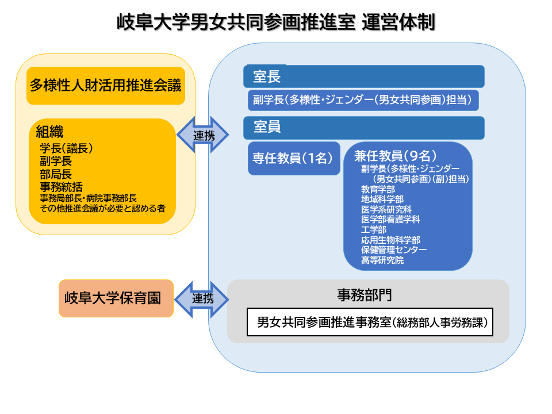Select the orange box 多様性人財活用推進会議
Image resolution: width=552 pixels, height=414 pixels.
pyautogui.click(x=106, y=86)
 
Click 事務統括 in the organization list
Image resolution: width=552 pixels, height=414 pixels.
pyautogui.click(x=61, y=186)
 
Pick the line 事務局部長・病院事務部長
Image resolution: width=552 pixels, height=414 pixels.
pyautogui.click(x=88, y=198)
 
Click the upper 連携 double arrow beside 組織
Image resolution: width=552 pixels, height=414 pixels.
pyautogui.click(x=202, y=136)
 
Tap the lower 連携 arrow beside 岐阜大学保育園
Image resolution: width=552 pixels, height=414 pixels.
pyautogui.click(x=202, y=298)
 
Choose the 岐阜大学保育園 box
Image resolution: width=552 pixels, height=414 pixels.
pyautogui.click(x=116, y=298)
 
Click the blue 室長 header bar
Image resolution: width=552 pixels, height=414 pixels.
pyautogui.click(x=363, y=76)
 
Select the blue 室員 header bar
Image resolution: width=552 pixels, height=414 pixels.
pyautogui.click(x=363, y=128)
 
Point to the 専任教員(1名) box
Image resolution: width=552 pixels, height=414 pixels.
pyautogui.click(x=293, y=158)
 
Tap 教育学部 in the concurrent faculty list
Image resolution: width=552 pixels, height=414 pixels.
pyautogui.click(x=378, y=189)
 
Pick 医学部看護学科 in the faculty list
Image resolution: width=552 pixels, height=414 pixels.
pyautogui.click(x=390, y=219)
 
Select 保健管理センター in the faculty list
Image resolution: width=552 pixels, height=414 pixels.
pyautogui.click(x=394, y=250)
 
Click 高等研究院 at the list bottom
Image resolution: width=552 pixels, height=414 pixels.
pyautogui.click(x=382, y=260)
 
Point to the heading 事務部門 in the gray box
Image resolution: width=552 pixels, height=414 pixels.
pyautogui.click(x=364, y=295)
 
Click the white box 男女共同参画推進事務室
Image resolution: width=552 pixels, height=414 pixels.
pyautogui.click(x=370, y=322)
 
